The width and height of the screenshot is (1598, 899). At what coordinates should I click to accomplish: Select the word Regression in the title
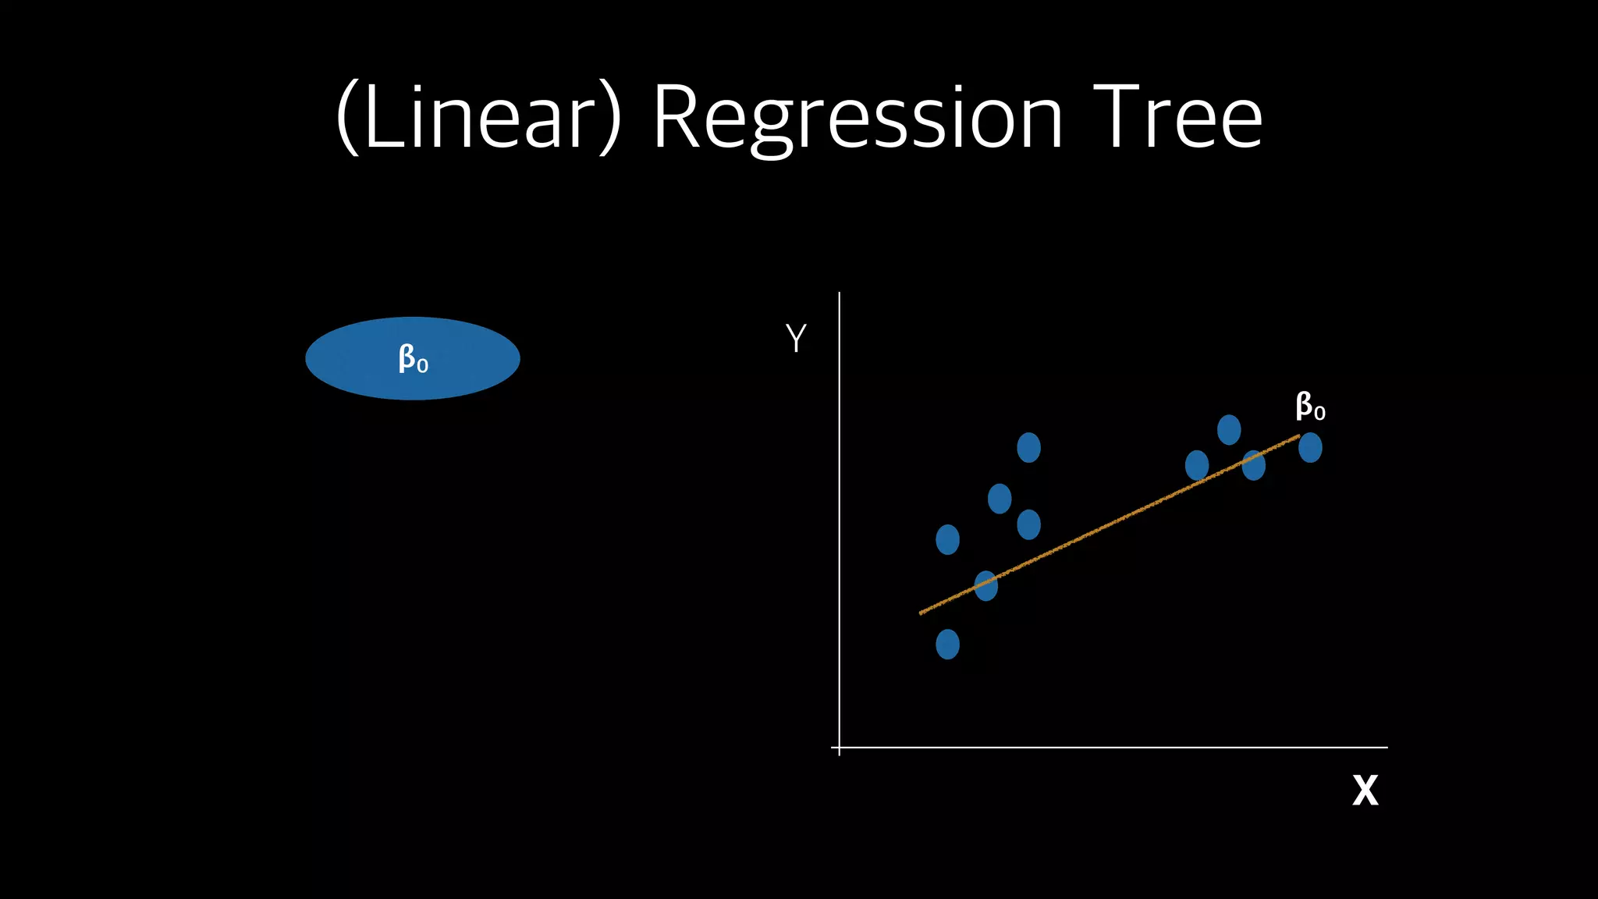(858, 119)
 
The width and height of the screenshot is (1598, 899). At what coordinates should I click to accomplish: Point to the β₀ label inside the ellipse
(413, 359)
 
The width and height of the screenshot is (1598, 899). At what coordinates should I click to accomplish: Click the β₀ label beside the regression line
(1310, 406)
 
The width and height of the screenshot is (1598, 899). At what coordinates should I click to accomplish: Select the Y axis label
(796, 339)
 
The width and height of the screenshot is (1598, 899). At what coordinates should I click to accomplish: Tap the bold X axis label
(1365, 791)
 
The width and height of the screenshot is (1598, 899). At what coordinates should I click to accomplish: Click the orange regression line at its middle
(1110, 524)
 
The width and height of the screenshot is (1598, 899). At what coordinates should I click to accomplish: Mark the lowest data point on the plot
(947, 645)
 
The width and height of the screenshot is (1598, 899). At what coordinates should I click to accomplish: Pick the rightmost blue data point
(1310, 448)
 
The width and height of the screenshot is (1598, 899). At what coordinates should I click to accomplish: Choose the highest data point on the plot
(1229, 430)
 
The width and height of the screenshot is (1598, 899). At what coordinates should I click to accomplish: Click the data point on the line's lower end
(986, 585)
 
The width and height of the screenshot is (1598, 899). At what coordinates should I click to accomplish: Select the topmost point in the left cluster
(1028, 448)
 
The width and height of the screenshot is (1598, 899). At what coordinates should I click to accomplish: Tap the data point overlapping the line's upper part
(1253, 465)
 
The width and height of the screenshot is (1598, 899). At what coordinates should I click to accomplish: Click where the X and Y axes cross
(840, 748)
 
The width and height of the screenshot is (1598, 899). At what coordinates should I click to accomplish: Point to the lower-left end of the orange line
(922, 613)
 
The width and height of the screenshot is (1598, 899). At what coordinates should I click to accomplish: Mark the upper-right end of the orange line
(1298, 435)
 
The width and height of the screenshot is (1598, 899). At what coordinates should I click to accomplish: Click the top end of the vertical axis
(840, 293)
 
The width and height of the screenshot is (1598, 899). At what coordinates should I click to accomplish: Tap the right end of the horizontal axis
(1386, 748)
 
